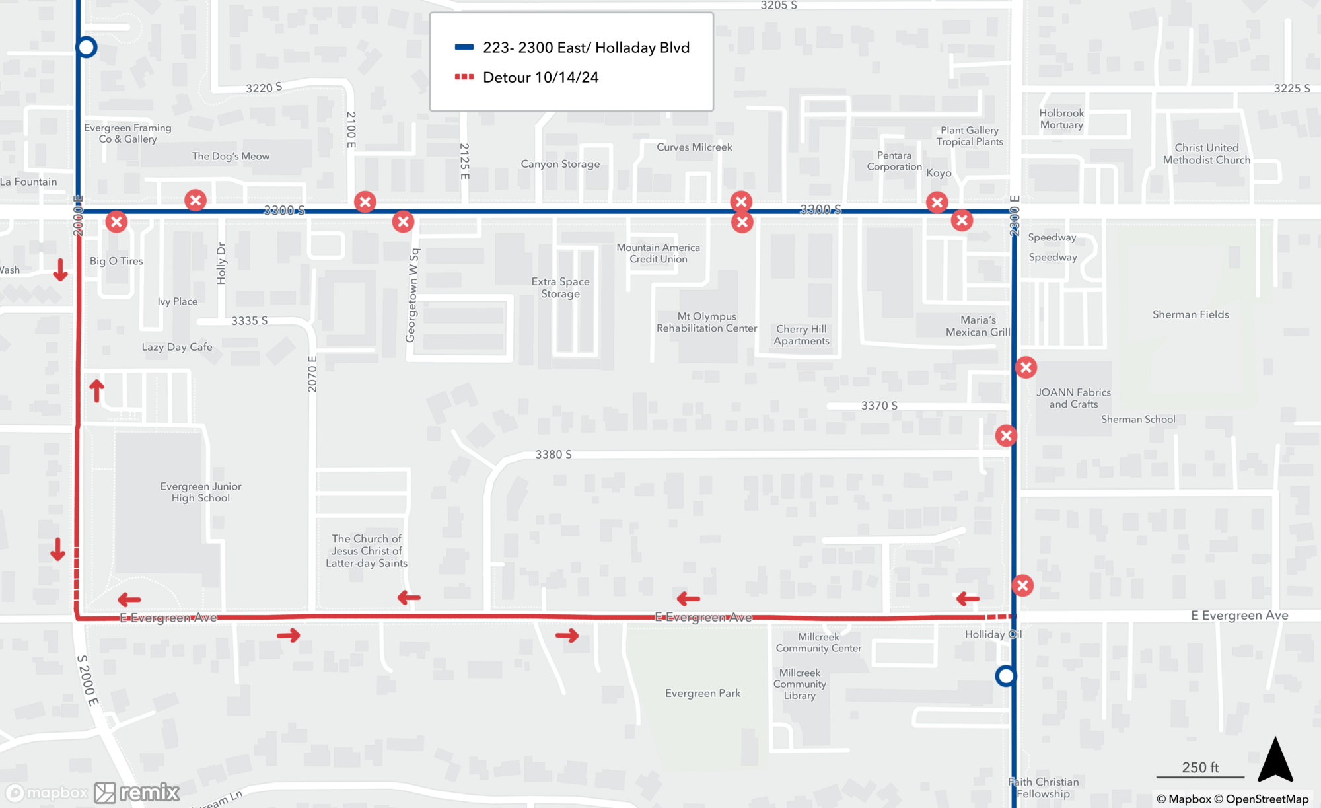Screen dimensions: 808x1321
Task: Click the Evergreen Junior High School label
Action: [201, 492]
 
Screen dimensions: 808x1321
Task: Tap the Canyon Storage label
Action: [560, 164]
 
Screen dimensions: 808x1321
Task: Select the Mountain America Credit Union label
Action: [658, 253]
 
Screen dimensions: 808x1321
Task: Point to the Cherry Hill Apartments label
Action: [801, 335]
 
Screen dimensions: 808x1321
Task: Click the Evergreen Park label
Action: [703, 693]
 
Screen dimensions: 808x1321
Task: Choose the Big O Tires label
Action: [116, 261]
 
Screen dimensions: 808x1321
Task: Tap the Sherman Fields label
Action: [1190, 314]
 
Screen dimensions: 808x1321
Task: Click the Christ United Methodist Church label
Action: [1206, 154]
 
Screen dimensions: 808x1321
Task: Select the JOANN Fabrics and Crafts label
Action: [1073, 398]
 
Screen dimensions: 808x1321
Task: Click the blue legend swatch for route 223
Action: [464, 47]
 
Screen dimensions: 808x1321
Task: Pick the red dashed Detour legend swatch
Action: [464, 77]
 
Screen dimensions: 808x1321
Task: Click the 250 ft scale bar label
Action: [1200, 767]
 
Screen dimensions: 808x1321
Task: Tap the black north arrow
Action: [1275, 760]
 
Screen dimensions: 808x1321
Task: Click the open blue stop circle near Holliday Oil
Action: [1005, 676]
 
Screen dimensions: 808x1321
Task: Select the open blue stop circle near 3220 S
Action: [87, 47]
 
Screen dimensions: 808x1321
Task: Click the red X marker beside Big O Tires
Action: [117, 222]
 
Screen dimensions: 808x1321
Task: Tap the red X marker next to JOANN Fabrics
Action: [1026, 367]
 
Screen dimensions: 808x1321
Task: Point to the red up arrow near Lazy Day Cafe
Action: [97, 390]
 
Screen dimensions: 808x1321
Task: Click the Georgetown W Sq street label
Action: [413, 295]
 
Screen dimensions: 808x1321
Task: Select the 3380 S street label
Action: [553, 455]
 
